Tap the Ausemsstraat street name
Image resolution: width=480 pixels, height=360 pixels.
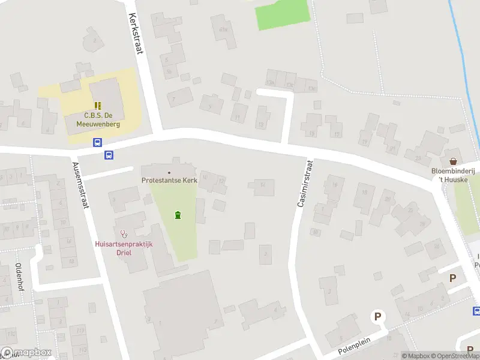coord(80,185)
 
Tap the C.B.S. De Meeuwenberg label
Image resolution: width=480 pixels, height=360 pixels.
coord(98,120)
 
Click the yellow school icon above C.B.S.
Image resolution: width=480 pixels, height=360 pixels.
coord(98,105)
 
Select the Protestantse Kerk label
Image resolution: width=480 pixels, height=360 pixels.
coord(169,180)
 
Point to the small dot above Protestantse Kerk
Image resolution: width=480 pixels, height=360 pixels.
coord(169,173)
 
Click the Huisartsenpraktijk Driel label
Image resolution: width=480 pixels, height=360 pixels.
coord(124,248)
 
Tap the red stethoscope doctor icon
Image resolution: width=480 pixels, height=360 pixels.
coord(124,233)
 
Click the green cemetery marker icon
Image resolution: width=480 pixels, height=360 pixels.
coord(177,215)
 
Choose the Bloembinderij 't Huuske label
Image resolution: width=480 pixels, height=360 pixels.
coord(455,175)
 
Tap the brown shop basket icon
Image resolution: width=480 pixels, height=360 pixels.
coord(453,161)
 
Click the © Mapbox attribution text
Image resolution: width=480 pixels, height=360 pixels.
coord(416,356)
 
